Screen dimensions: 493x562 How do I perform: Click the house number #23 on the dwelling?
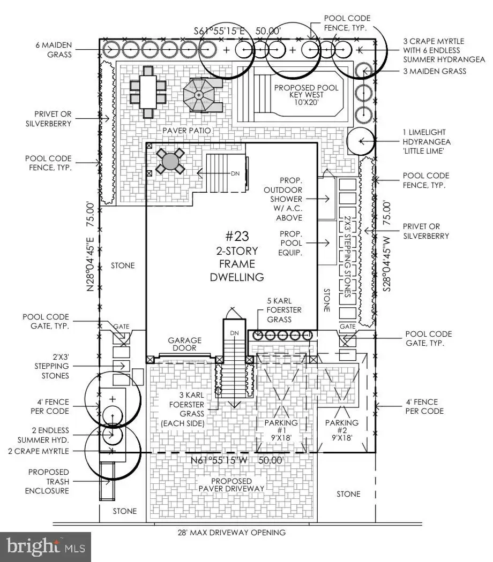pyautogui.click(x=237, y=236)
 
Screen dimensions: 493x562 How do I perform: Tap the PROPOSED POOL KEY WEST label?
pyautogui.click(x=306, y=95)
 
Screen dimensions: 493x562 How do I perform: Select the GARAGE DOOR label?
pyautogui.click(x=185, y=344)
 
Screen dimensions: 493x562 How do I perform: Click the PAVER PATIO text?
pyautogui.click(x=186, y=131)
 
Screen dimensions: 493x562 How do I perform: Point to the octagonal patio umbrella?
pyautogui.click(x=198, y=95)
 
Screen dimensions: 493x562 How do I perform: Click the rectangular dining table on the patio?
pyautogui.click(x=148, y=92)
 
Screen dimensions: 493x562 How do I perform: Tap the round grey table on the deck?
pyautogui.click(x=170, y=161)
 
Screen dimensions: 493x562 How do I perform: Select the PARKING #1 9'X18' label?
pyautogui.click(x=281, y=430)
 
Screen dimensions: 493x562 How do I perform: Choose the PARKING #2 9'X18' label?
pyautogui.click(x=341, y=430)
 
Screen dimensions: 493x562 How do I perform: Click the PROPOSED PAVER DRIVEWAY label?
pyautogui.click(x=231, y=484)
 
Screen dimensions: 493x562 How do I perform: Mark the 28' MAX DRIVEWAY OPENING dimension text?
pyautogui.click(x=232, y=532)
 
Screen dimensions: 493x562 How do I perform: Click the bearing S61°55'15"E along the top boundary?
pyautogui.click(x=219, y=31)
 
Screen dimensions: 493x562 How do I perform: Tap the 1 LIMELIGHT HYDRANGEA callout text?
pyautogui.click(x=427, y=142)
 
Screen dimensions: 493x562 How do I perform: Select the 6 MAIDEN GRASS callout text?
pyautogui.click(x=54, y=50)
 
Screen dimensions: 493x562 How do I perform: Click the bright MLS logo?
pyautogui.click(x=46, y=546)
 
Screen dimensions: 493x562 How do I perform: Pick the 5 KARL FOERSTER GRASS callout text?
pyautogui.click(x=284, y=310)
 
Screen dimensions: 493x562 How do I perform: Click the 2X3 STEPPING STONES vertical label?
pyautogui.click(x=347, y=256)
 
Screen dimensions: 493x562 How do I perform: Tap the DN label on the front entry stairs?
pyautogui.click(x=234, y=333)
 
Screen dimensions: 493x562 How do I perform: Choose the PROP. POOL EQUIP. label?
pyautogui.click(x=291, y=243)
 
